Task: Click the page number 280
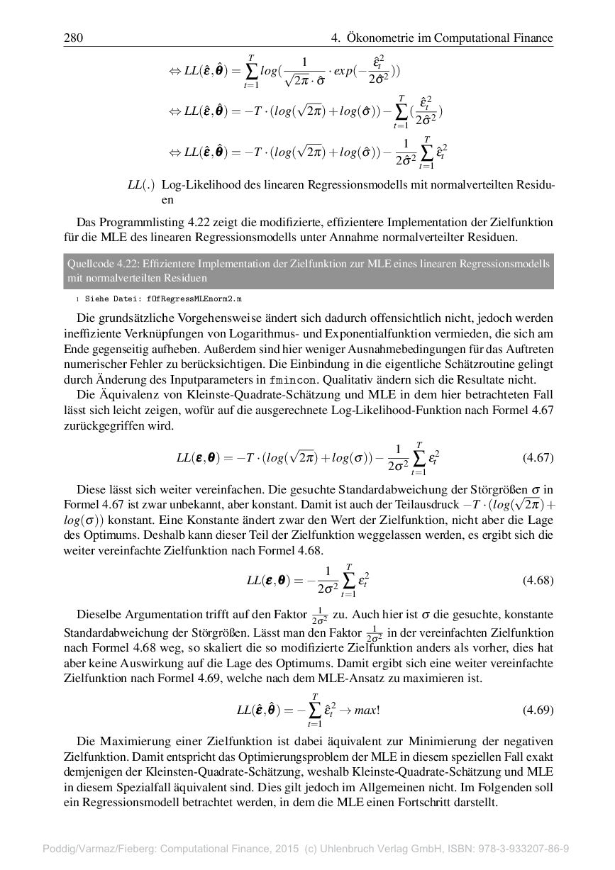(x=74, y=38)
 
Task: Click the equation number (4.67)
(x=537, y=457)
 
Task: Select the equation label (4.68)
(x=537, y=580)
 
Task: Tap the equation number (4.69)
(x=537, y=710)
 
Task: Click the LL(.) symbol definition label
(x=140, y=185)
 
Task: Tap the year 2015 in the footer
(x=268, y=848)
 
